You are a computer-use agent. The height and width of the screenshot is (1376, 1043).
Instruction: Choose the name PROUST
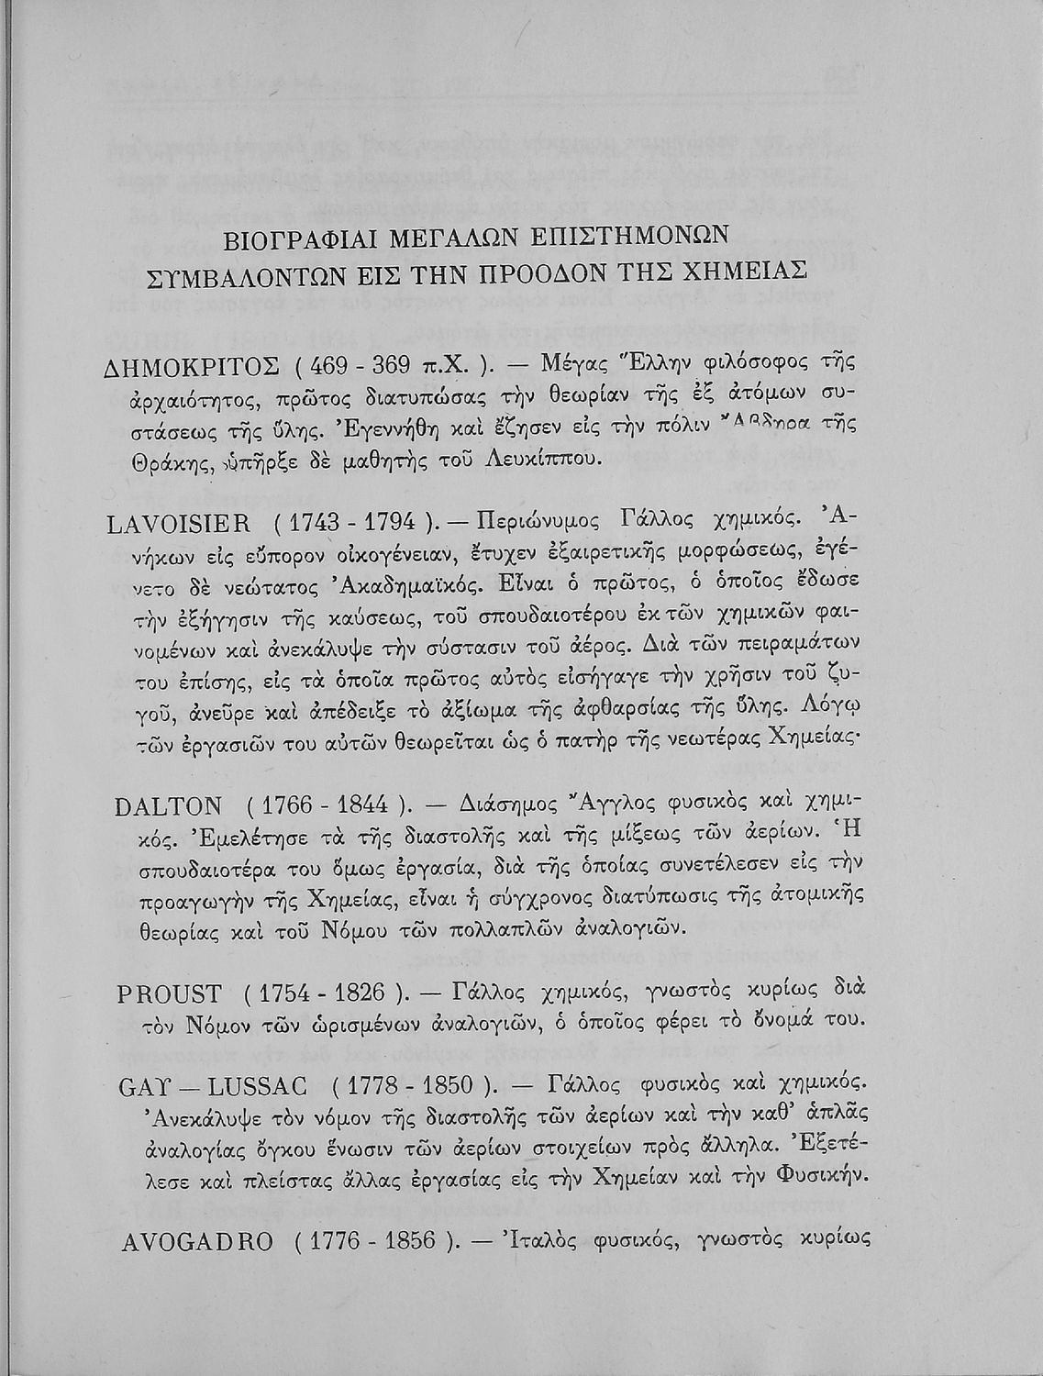(x=171, y=993)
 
